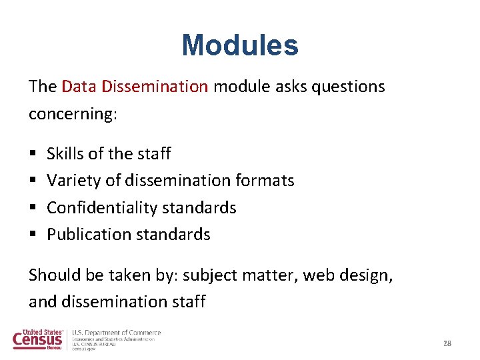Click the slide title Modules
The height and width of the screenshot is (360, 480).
point(240,45)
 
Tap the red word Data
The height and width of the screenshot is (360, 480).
point(79,87)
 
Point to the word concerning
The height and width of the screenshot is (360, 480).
point(73,114)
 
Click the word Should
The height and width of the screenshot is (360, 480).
point(53,275)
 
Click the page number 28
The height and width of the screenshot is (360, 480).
point(447,343)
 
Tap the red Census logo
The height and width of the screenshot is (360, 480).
point(39,339)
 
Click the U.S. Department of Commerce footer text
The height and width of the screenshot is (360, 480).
point(116,333)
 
